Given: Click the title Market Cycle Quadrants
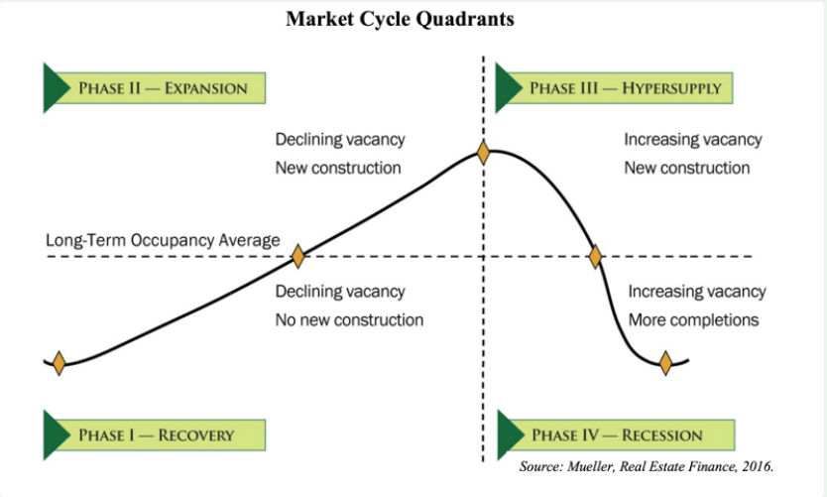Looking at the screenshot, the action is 400,19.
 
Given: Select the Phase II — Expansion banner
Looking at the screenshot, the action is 155,88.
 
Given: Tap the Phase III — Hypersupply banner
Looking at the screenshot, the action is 614,88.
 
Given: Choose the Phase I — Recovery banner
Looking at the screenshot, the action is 155,435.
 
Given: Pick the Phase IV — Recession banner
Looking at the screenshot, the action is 616,435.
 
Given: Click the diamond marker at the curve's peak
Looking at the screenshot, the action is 483,153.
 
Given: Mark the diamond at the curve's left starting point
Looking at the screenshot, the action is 59,363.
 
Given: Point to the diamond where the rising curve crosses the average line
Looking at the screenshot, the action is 298,256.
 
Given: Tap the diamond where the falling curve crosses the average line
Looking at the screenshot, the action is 596,257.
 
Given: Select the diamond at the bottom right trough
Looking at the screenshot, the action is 665,363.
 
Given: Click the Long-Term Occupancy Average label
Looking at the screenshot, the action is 163,241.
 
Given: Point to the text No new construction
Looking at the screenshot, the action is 349,320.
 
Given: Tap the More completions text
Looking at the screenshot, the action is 693,320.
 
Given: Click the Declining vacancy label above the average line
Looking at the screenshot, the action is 340,140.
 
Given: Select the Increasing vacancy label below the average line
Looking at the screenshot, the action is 697,292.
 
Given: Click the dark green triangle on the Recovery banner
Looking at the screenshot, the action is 55,435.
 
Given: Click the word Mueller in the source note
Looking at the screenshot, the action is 590,467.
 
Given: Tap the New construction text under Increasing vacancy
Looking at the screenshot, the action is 687,169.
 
